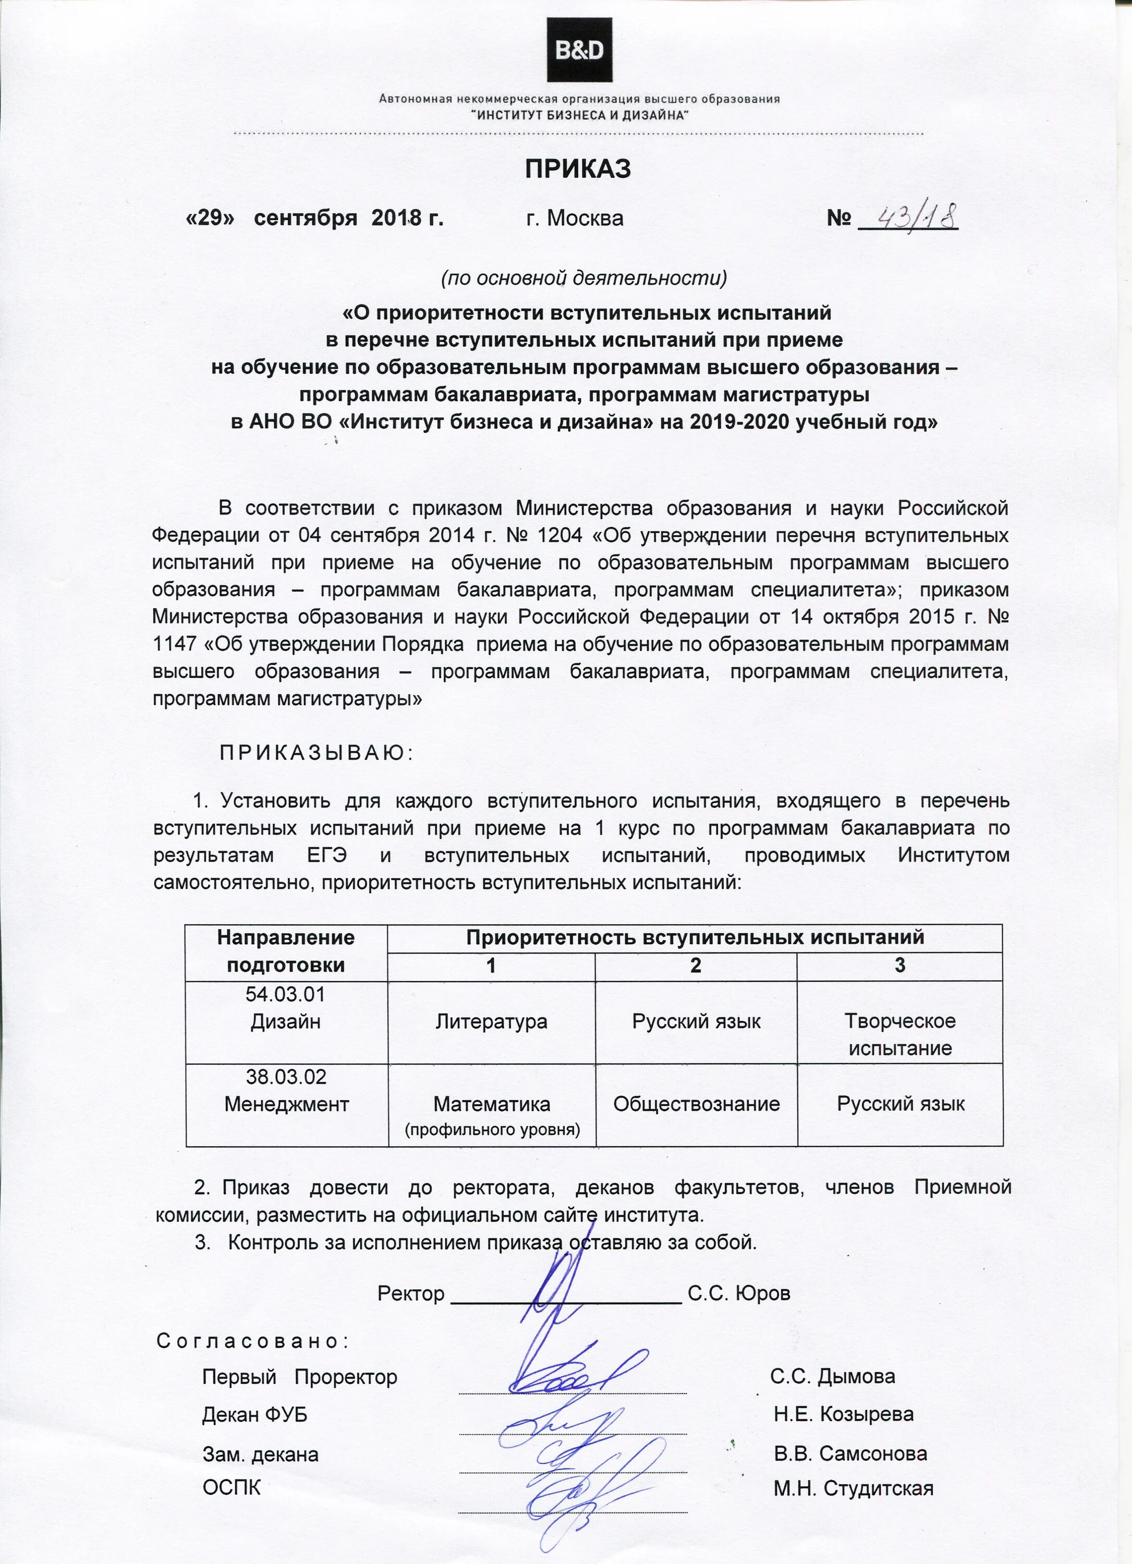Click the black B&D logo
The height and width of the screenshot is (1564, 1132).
coord(579,50)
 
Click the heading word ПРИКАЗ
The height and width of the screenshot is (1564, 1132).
coord(578,168)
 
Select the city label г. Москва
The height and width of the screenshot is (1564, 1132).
coord(574,218)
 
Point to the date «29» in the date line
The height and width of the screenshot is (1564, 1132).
coord(212,218)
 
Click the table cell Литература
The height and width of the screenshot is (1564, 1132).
coord(491,1021)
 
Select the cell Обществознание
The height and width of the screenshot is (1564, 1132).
coord(696,1104)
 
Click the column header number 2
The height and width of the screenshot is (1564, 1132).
coord(696,966)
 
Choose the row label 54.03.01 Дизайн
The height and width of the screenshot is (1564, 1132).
coord(286,1008)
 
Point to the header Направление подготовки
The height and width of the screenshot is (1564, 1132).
coord(286,951)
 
